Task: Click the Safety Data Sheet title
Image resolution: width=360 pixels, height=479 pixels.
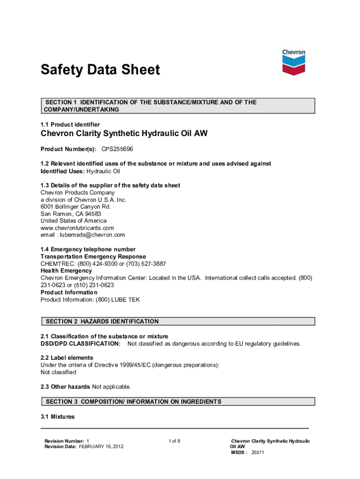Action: coord(100,70)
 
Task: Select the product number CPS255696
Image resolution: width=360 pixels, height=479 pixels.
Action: coord(119,149)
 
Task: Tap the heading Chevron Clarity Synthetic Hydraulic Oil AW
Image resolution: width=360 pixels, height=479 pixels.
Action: coord(124,134)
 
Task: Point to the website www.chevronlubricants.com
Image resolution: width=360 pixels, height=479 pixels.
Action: coord(77,228)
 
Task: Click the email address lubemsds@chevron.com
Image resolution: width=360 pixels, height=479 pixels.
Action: coord(83,235)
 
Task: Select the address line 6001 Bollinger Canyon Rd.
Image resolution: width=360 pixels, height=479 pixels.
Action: coord(76,207)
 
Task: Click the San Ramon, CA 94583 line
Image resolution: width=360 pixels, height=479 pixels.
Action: coord(71,214)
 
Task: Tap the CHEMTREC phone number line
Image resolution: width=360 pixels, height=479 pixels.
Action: coord(103,264)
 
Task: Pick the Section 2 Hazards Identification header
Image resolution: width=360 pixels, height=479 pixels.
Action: coord(102,321)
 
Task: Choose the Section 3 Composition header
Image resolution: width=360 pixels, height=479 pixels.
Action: coord(133,402)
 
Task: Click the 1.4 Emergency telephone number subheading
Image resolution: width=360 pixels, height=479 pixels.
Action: coord(88,249)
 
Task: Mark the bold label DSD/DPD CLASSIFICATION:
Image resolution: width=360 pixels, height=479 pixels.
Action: coord(80,344)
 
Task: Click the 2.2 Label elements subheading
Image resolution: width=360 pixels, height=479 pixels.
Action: coord(67,358)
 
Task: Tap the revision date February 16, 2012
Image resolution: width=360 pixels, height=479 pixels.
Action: coord(101,447)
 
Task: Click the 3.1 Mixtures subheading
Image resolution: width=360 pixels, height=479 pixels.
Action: coord(58,416)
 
